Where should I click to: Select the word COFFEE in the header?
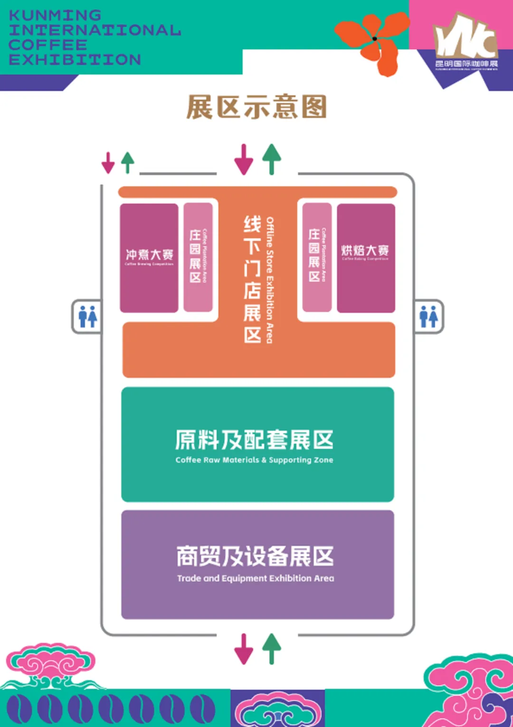click(48, 45)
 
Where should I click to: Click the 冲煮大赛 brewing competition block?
click(149, 258)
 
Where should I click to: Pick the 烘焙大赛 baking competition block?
click(365, 258)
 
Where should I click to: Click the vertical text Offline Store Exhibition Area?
click(270, 280)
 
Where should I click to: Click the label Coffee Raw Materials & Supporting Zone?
click(254, 460)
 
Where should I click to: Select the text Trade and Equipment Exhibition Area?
click(256, 578)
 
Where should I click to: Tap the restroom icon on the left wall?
click(87, 316)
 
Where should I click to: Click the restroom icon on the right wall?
click(428, 316)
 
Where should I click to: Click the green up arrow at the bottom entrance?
click(272, 648)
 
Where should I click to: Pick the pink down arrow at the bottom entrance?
click(244, 649)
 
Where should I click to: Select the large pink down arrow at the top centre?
click(244, 160)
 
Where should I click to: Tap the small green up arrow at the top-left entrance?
click(127, 162)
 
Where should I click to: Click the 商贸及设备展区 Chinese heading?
click(255, 556)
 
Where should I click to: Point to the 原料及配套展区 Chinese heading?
click(254, 440)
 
